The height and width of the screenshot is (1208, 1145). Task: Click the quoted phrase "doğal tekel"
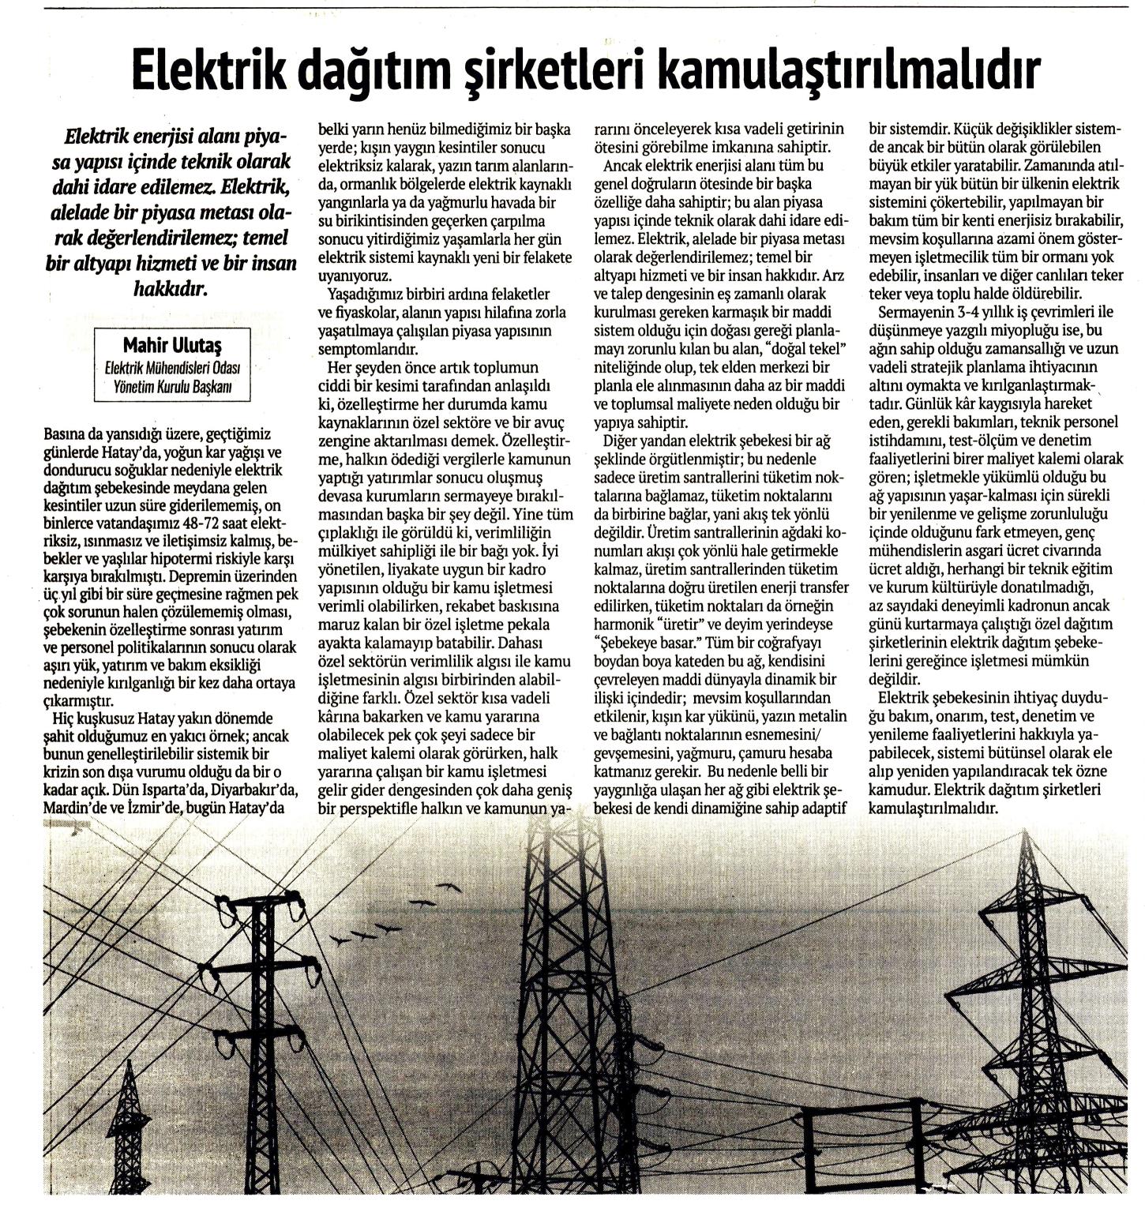pos(803,347)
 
